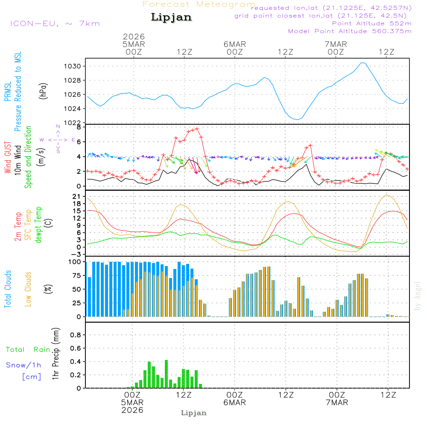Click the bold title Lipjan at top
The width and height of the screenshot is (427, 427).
click(x=171, y=18)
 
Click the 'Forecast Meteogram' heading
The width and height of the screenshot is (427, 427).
click(x=199, y=4)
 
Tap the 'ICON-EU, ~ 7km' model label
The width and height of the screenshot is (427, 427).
click(x=55, y=23)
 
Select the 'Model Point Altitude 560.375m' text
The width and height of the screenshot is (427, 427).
click(x=350, y=31)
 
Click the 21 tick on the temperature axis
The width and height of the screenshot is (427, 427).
click(x=77, y=196)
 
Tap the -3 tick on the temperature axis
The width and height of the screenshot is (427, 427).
click(x=77, y=254)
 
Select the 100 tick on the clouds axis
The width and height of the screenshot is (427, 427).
click(x=75, y=262)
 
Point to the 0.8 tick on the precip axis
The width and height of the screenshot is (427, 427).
click(x=75, y=335)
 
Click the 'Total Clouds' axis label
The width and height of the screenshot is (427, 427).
click(x=8, y=289)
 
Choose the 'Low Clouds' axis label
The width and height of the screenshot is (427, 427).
click(x=28, y=289)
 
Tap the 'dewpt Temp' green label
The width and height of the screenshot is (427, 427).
click(x=38, y=225)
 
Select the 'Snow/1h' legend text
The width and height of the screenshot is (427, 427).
click(x=24, y=365)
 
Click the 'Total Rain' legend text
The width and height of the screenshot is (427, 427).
click(x=28, y=349)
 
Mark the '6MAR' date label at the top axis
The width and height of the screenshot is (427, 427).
click(x=234, y=44)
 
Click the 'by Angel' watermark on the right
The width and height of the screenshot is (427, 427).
click(x=418, y=295)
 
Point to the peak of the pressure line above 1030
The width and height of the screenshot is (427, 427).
click(x=363, y=63)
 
